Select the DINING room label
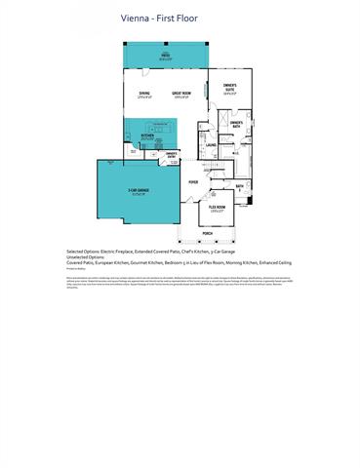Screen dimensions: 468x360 (143, 94)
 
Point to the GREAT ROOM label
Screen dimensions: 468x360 (180, 94)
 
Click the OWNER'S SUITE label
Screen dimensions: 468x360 (230, 89)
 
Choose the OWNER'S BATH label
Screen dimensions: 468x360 (236, 123)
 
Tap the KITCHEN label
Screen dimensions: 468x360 (148, 136)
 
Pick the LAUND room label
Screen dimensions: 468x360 (211, 145)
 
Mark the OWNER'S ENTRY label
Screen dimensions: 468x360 (172, 153)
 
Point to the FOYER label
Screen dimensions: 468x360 (193, 181)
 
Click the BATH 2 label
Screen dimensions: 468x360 (240, 184)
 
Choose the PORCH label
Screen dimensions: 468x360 (208, 234)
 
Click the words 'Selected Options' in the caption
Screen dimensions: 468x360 (85, 250)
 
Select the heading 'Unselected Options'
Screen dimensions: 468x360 (87, 256)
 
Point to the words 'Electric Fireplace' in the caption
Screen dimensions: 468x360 (123, 250)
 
